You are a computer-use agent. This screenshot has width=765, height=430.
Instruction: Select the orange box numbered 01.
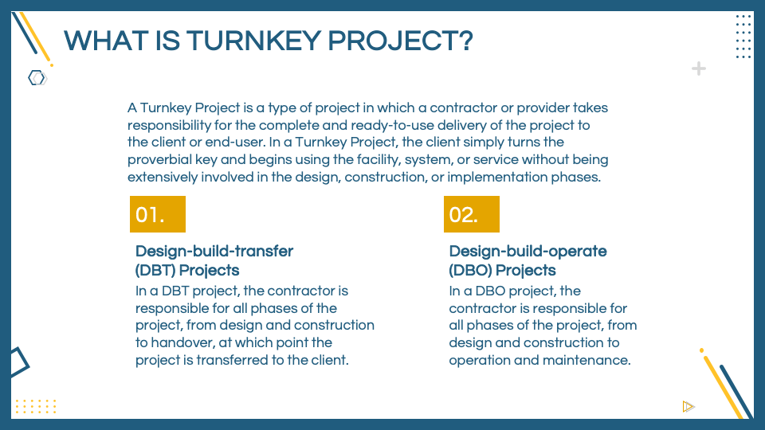point(158,214)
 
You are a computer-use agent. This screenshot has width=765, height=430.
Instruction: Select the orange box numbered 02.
point(472,214)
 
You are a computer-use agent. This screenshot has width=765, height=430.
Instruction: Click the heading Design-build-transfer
point(214,252)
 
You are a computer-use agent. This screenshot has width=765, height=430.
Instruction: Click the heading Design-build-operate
point(528,252)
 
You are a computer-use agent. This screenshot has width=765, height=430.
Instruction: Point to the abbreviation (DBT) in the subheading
point(155,270)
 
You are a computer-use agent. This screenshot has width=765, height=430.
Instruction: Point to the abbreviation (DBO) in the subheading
point(469,270)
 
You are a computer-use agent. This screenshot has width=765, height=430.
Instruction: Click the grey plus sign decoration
point(699,68)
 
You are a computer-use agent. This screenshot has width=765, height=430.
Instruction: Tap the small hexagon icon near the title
point(37,78)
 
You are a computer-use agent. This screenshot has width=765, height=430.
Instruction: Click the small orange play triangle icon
point(688,406)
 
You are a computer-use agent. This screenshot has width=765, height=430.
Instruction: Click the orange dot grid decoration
point(36,406)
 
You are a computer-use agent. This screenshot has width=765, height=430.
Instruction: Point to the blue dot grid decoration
point(743,36)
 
